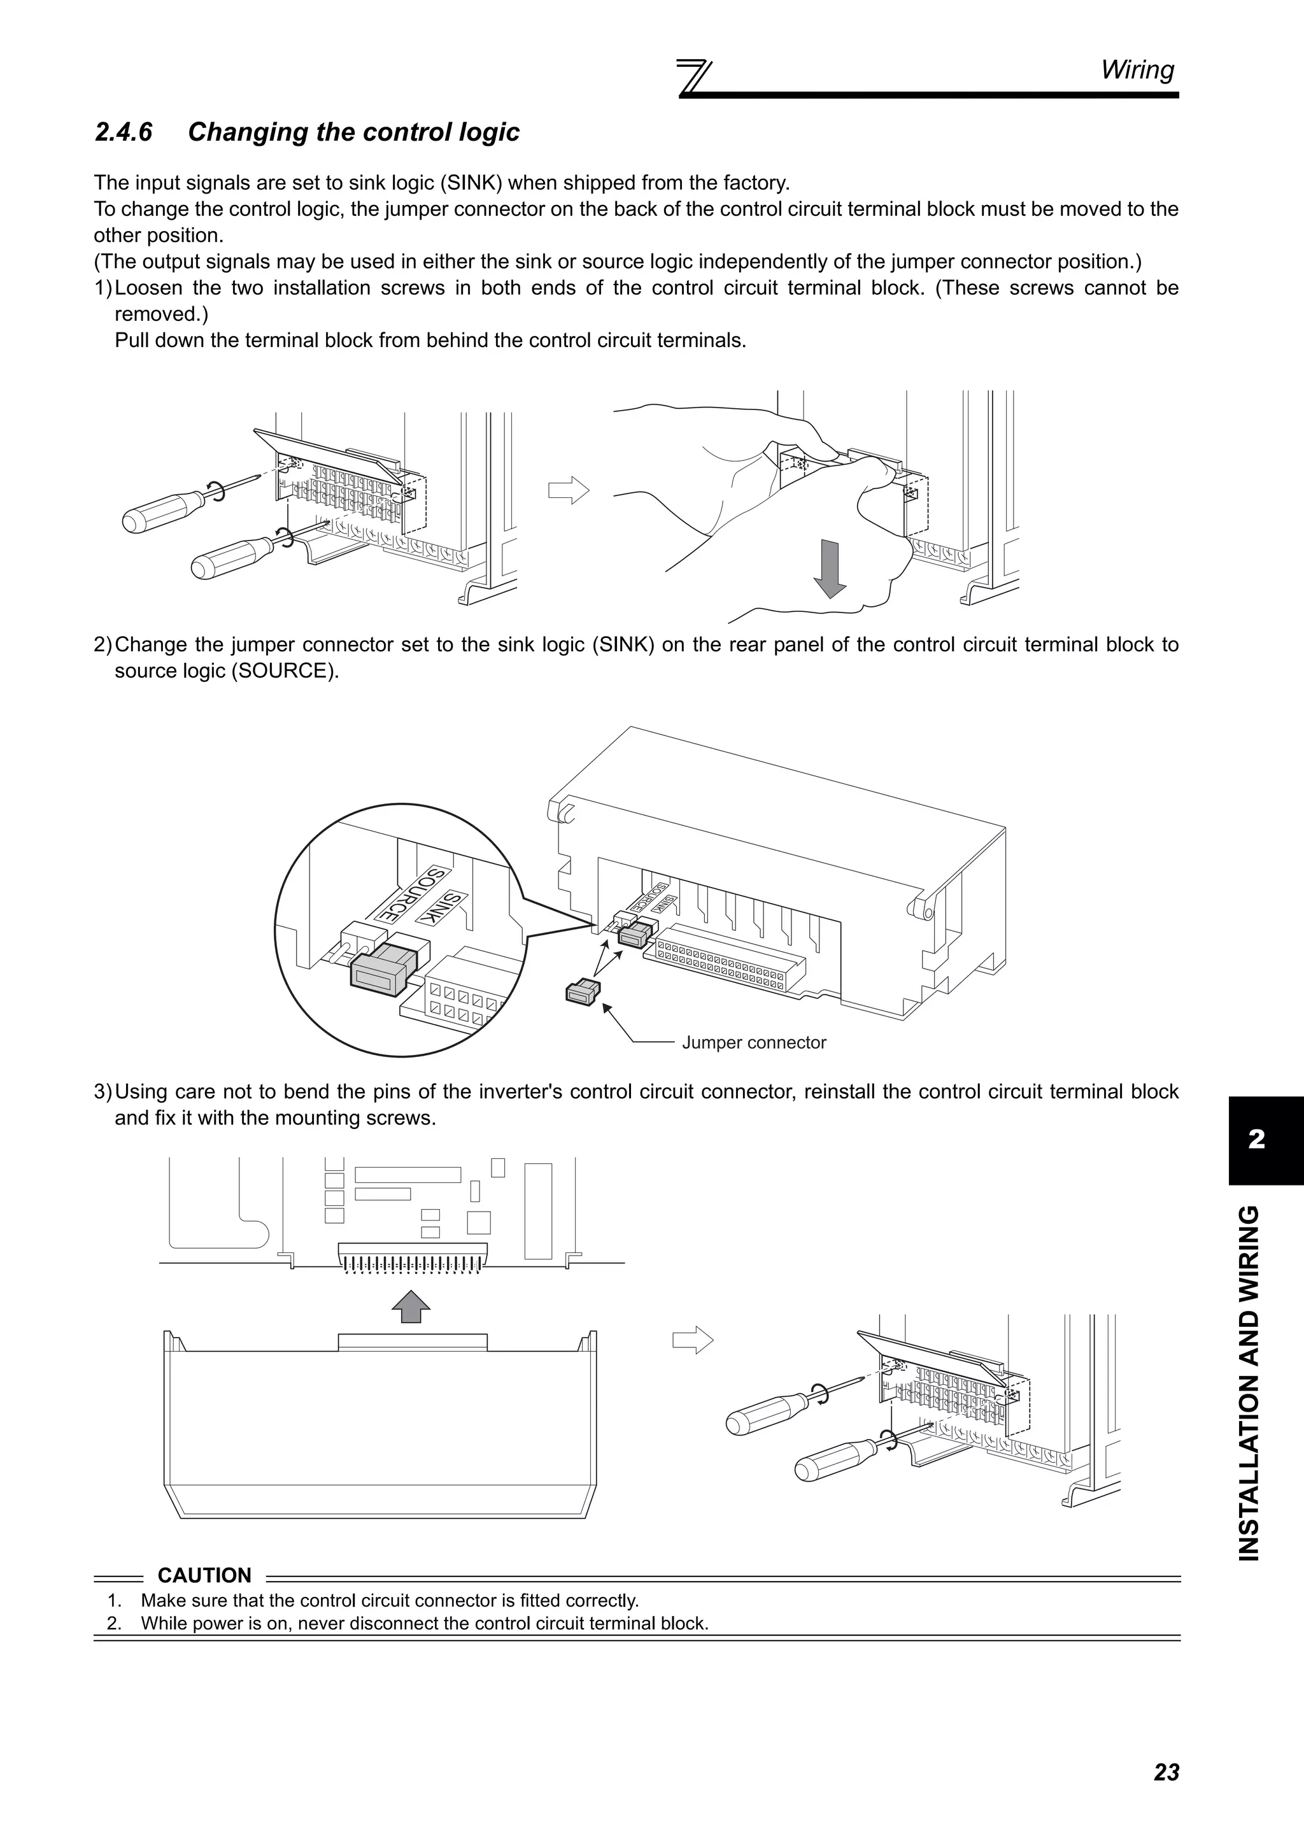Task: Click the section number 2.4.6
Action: (x=123, y=132)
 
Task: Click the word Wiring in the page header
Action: (x=1137, y=70)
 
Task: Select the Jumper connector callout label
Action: (x=753, y=1043)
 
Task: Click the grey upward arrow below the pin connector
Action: (x=411, y=1306)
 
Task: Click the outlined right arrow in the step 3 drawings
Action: (x=692, y=1340)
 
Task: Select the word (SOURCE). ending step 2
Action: (x=284, y=670)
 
